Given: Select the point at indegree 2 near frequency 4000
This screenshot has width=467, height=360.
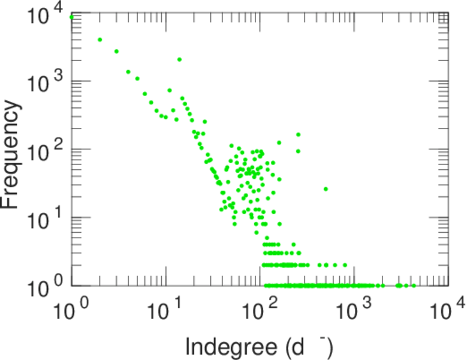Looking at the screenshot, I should tap(100, 40).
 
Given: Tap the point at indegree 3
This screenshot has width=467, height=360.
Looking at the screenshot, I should tap(116, 52).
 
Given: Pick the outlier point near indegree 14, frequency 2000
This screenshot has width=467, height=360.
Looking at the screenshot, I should tap(179, 59).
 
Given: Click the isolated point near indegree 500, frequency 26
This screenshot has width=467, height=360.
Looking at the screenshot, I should tap(326, 189).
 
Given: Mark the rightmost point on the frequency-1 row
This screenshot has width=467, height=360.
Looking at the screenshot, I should tap(414, 286).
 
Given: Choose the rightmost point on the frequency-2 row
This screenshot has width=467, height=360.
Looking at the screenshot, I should tap(345, 265).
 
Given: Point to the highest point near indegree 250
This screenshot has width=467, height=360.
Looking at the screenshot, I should tap(298, 134).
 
